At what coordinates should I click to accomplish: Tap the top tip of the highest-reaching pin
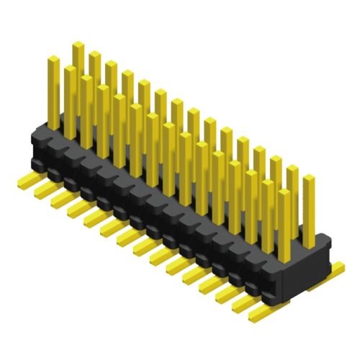(78, 45)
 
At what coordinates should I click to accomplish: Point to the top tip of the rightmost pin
(308, 178)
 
